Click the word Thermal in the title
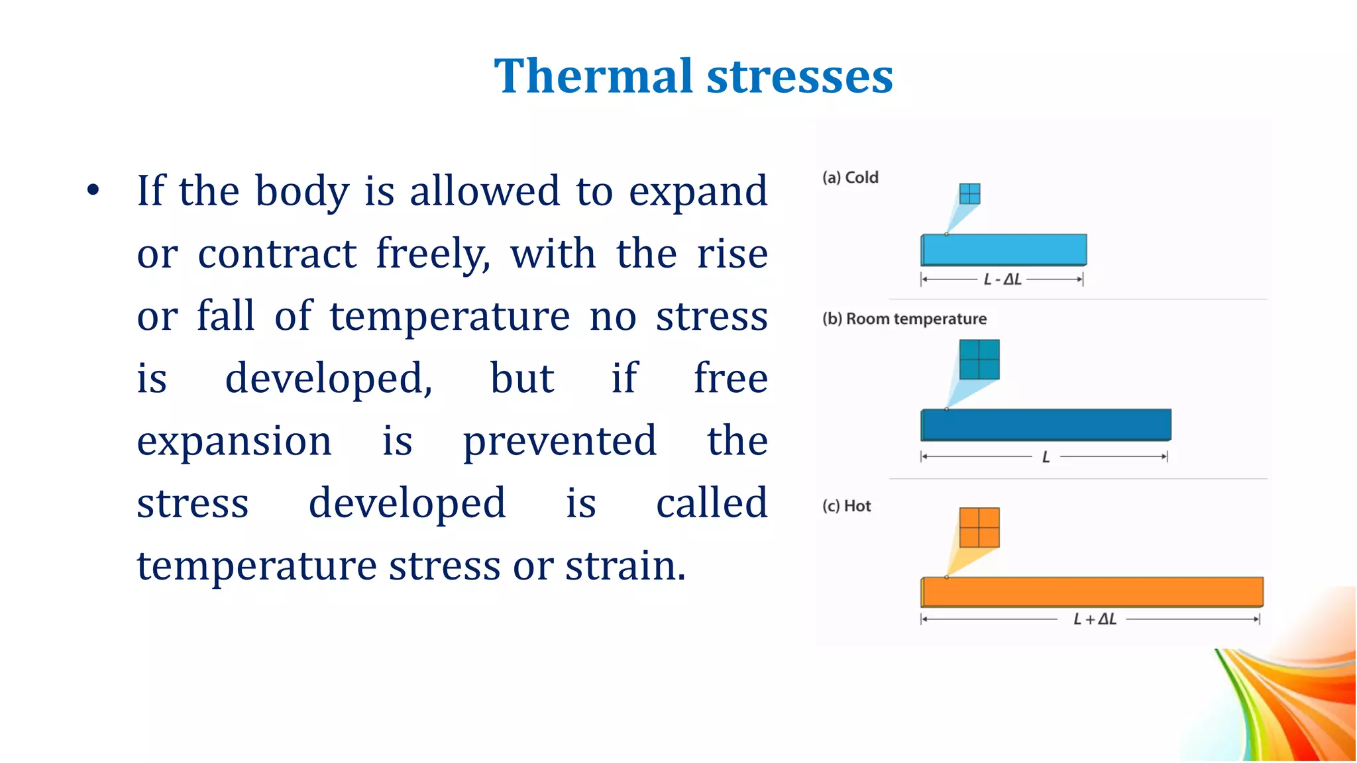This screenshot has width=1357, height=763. (x=593, y=76)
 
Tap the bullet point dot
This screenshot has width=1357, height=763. (x=93, y=191)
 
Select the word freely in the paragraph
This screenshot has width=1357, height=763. (x=433, y=254)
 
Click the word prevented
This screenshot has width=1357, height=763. (x=560, y=441)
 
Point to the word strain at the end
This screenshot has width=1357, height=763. (x=625, y=566)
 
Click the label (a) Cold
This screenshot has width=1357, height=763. (x=850, y=178)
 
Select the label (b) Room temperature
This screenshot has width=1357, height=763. (x=904, y=319)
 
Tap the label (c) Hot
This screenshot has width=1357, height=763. (x=846, y=506)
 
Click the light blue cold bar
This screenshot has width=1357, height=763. (x=1004, y=250)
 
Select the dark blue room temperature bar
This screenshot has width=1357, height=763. (x=1046, y=425)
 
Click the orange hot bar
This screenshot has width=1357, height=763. (x=1092, y=591)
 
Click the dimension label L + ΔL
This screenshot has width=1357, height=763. (x=1095, y=619)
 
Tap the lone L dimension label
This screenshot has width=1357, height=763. (x=1046, y=457)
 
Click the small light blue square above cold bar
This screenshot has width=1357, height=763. (x=969, y=194)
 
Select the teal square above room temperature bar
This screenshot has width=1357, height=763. (x=979, y=360)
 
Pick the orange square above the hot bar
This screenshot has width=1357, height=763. (x=979, y=527)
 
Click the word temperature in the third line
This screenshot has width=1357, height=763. (x=449, y=317)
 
